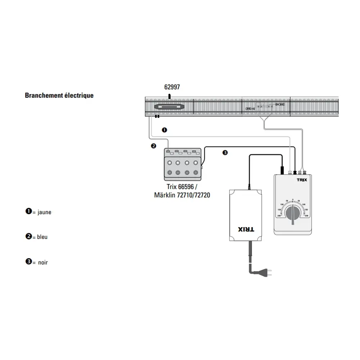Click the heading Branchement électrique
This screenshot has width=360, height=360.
[59, 95]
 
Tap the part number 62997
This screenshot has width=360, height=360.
[172, 87]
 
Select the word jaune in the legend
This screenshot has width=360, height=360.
[44, 212]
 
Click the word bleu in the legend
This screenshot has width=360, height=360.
[42, 237]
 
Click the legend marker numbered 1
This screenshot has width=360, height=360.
[28, 212]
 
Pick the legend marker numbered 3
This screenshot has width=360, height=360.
[28, 262]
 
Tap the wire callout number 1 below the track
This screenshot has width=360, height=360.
[164, 130]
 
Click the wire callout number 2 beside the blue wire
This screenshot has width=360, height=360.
[154, 146]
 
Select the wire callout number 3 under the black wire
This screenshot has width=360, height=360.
[225, 152]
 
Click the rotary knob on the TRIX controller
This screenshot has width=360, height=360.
[293, 214]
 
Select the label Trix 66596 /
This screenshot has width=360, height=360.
[182, 187]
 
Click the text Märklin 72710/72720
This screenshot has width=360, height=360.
[182, 195]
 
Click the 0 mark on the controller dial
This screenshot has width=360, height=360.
[293, 199]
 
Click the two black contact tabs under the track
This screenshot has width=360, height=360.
[157, 117]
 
